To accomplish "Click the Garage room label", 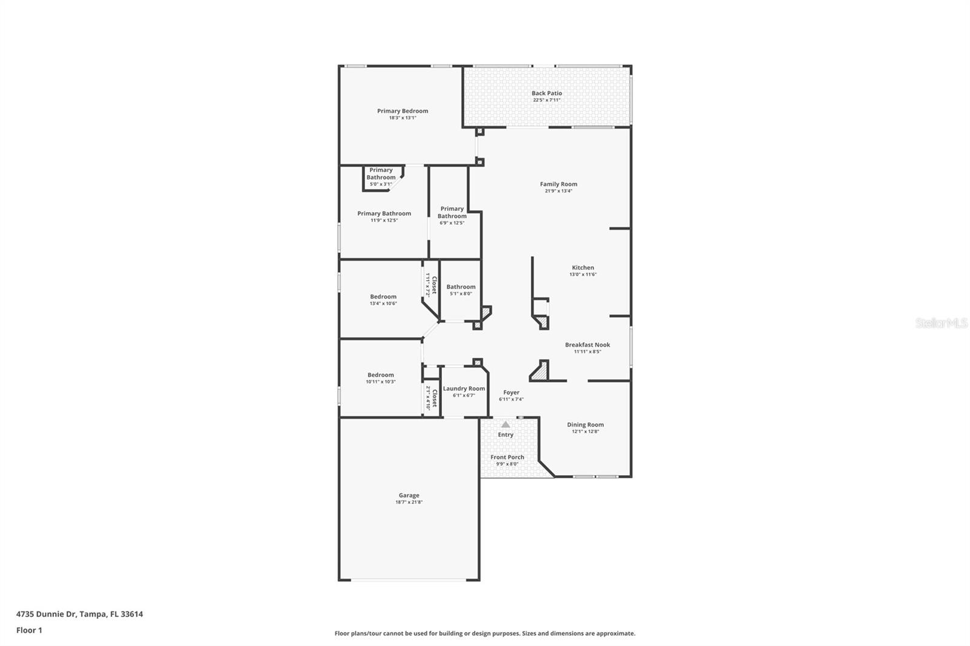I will pos(409,496).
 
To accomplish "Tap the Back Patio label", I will pos(546,93).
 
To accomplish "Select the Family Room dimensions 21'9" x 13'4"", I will pos(558,191).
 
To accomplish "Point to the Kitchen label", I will pos(583,268).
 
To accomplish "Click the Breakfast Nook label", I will pos(587,345).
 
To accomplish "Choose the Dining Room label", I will pos(585,425).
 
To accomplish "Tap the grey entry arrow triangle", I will pos(506,424).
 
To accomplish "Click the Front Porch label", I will pos(507,458).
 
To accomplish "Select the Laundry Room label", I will pos(464,388).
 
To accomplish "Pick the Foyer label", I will pos(511,393).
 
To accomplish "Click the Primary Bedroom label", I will pos(403,111).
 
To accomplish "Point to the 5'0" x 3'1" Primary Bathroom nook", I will pos(381,177).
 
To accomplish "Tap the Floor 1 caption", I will pos(29,630).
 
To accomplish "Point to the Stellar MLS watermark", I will pos(941,323).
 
